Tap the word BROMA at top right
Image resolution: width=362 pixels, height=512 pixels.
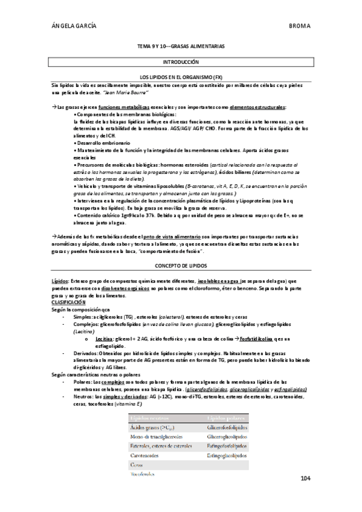300,26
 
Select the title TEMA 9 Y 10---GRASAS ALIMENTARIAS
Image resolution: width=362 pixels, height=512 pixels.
181,46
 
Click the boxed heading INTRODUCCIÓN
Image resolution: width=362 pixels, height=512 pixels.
181,62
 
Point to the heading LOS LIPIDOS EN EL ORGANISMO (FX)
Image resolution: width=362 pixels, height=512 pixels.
181,78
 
